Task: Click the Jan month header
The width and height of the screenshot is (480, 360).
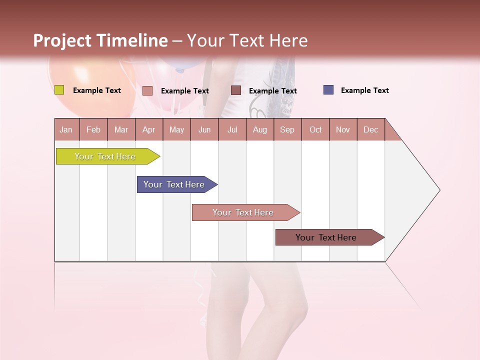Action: [x=66, y=129]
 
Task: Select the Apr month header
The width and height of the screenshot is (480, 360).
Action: [x=148, y=129]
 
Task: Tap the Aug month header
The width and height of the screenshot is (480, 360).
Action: [x=259, y=129]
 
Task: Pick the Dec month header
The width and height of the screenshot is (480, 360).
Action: [x=370, y=129]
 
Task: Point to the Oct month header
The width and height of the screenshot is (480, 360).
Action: [x=315, y=129]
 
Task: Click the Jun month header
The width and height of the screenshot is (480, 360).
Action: [x=204, y=129]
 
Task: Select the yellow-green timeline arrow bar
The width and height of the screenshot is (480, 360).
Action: [x=105, y=156]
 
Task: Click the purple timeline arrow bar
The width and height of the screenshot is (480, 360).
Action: [x=174, y=184]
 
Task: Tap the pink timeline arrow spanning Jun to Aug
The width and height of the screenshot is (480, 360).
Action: [x=243, y=212]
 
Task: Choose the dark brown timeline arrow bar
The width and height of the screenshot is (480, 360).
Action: [x=326, y=237]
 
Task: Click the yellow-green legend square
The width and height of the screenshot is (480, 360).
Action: [x=59, y=90]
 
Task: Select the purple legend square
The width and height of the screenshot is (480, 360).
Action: [x=328, y=90]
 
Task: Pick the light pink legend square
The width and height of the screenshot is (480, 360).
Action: [x=147, y=90]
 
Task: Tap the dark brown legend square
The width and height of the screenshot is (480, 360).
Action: [x=235, y=90]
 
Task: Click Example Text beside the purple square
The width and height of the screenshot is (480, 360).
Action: [x=364, y=90]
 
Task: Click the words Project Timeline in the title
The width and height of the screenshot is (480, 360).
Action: [x=100, y=40]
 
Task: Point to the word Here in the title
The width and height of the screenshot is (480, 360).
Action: [x=288, y=40]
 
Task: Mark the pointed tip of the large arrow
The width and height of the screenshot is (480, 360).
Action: [x=439, y=190]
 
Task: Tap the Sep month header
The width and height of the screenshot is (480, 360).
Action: [x=287, y=129]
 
